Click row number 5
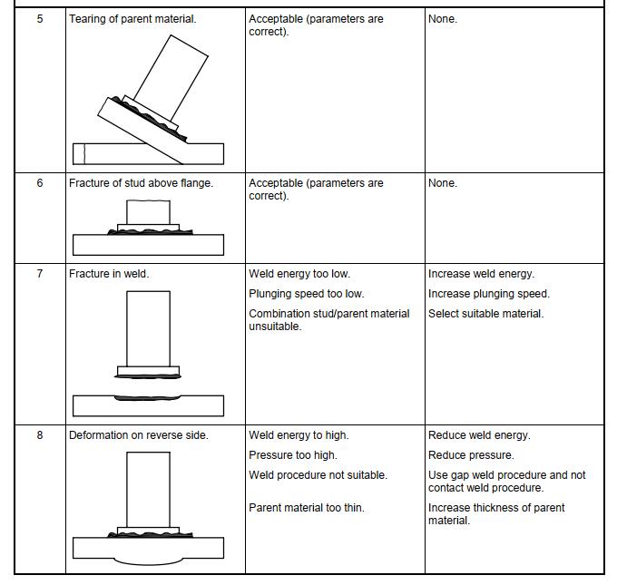coord(39,19)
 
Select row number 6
coord(39,183)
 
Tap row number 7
coord(39,274)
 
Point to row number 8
coord(39,435)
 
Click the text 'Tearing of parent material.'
coord(132,19)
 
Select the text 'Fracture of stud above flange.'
coord(141,183)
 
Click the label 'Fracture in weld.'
coord(109,274)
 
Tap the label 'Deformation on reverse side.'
coord(139,435)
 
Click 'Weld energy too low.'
coord(299,274)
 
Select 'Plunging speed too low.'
coord(306,294)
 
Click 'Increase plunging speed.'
coord(488,294)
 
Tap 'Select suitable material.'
coord(485,314)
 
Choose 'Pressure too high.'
coord(292,455)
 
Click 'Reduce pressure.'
coord(471,455)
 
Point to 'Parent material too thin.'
coord(306,508)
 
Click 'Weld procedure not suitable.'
coord(318,475)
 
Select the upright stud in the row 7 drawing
coord(148,327)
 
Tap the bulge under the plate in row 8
coord(148,562)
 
